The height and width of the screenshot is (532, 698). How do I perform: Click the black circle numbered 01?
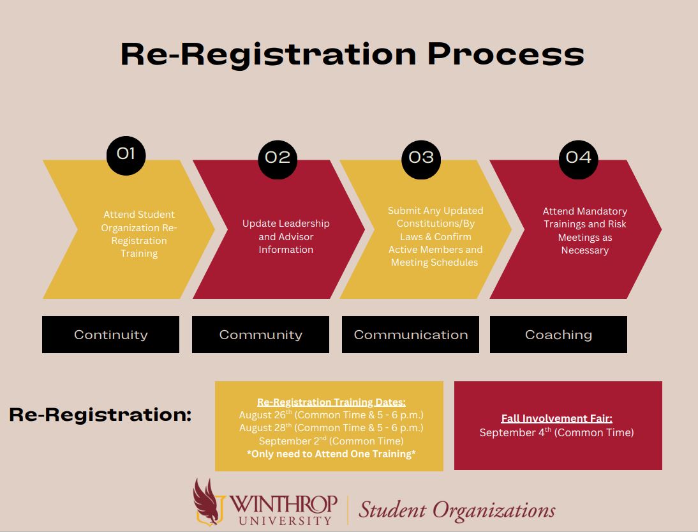tap(126, 154)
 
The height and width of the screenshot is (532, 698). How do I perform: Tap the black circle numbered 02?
tap(278, 157)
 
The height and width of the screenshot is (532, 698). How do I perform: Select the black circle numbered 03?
tap(421, 157)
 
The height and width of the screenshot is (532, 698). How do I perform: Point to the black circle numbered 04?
tap(578, 157)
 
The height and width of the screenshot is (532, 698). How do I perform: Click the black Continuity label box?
tap(110, 335)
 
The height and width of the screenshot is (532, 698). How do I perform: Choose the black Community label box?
tap(260, 335)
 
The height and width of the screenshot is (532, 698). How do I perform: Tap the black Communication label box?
tap(410, 335)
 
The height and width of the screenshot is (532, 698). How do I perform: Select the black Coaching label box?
tap(558, 335)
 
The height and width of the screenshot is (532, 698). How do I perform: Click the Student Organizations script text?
tap(456, 510)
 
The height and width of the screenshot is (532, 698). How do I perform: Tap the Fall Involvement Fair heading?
tap(556, 418)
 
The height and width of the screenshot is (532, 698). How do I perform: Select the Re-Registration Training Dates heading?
tap(331, 402)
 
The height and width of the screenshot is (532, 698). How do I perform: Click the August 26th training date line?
tap(331, 415)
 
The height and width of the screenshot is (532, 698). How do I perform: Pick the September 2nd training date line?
tap(331, 441)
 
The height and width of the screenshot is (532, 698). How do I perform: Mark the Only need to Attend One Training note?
tap(331, 453)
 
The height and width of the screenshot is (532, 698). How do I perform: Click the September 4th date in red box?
tap(556, 432)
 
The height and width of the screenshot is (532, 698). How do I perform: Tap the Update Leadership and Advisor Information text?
tap(286, 236)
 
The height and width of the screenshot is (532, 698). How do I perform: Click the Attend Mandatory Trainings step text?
tap(584, 231)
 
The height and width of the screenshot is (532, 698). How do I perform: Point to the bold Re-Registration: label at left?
tap(100, 414)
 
